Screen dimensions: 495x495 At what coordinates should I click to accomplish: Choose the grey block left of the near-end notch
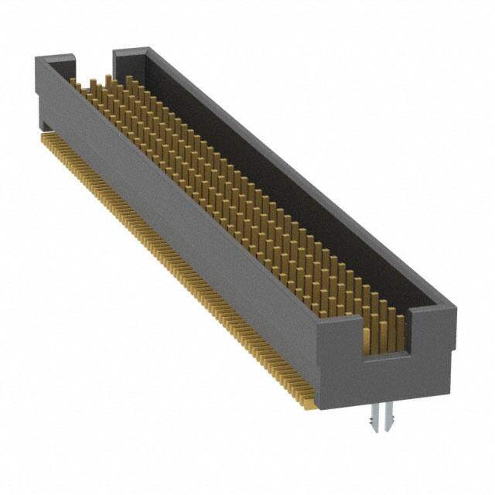340,340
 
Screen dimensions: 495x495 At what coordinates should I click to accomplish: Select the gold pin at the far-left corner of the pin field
73,82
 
